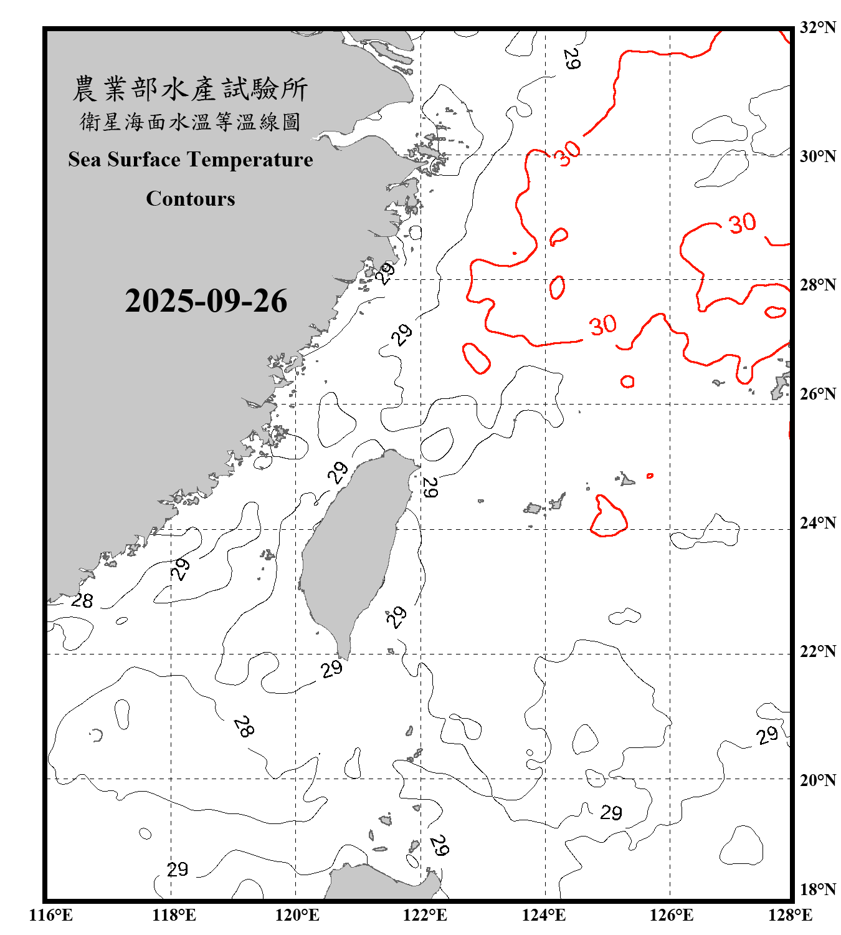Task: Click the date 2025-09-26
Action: (206, 301)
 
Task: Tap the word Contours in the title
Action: (191, 199)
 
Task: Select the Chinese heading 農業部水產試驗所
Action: (190, 89)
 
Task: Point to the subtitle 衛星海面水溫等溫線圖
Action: (190, 122)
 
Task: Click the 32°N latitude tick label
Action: (817, 27)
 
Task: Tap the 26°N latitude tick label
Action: (817, 394)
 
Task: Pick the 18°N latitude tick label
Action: (817, 889)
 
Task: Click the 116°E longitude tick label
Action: (51, 915)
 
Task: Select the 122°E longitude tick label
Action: (425, 915)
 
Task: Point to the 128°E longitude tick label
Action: (790, 915)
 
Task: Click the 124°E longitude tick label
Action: (544, 915)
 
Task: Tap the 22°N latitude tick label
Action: (817, 651)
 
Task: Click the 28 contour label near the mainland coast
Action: (82, 601)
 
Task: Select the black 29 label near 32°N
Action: (571, 59)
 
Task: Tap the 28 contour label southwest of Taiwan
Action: (244, 726)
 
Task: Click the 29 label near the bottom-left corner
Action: (178, 869)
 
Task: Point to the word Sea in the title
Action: (84, 160)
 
